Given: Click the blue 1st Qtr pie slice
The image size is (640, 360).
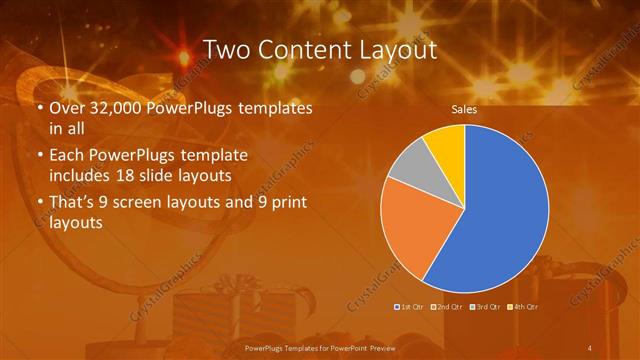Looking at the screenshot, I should click(500, 210).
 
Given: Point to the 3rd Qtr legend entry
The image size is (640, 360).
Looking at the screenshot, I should click(487, 306).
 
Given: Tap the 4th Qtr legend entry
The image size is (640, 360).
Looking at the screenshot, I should click(525, 306).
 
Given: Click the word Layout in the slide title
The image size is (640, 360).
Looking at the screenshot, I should click(394, 49).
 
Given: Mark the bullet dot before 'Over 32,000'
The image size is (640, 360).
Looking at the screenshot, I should click(39, 108).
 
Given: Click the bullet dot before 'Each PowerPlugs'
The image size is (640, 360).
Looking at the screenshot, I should click(39, 156).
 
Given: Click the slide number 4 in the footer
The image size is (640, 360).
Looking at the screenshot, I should click(591, 346).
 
